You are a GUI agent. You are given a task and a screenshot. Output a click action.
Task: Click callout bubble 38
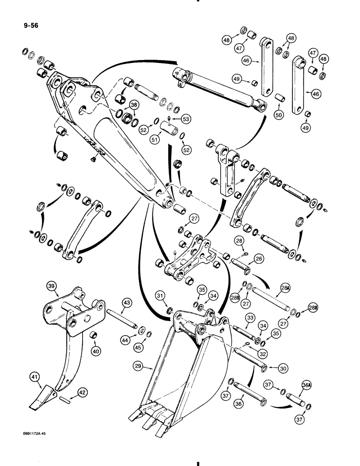point(134,105)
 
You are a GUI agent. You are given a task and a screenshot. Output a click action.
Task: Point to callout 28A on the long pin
point(285,292)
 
